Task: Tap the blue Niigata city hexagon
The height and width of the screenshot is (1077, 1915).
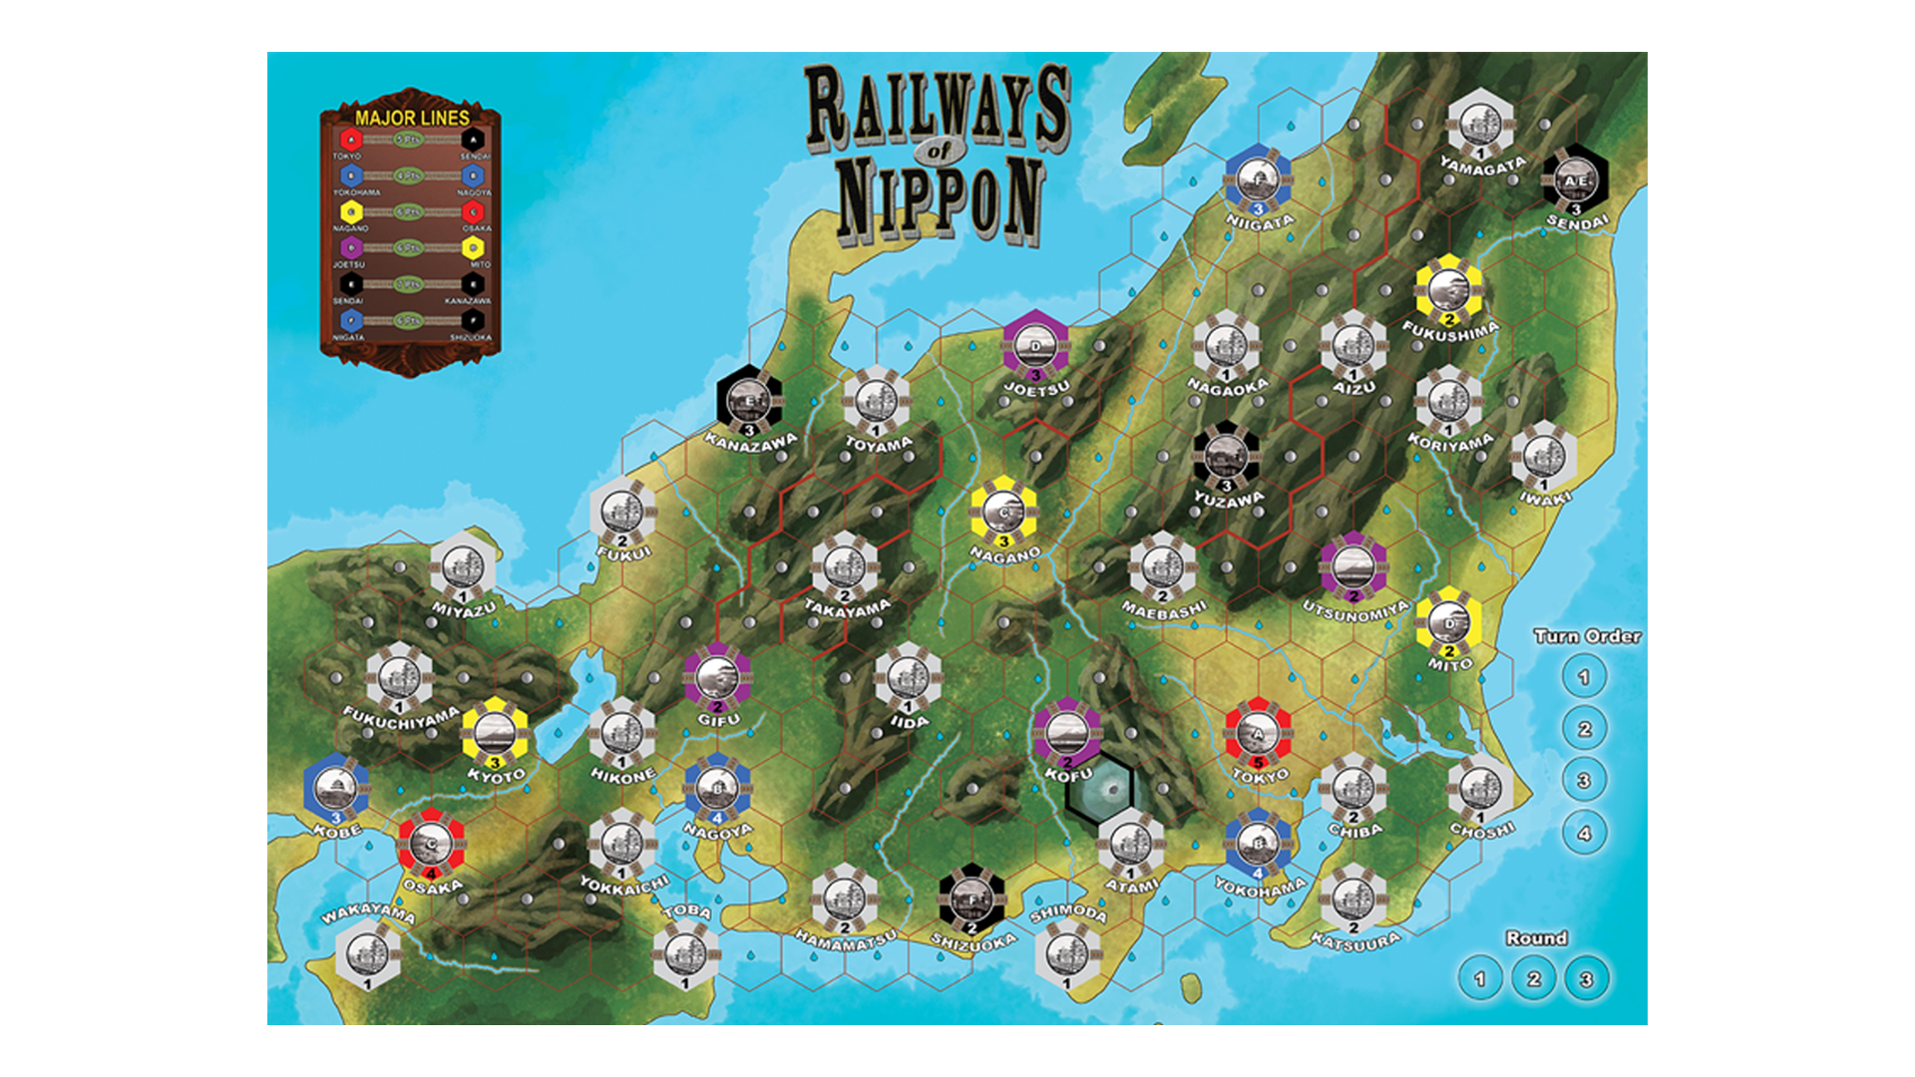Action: [x=1259, y=179]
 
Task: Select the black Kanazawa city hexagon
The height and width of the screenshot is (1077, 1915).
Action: [x=749, y=401]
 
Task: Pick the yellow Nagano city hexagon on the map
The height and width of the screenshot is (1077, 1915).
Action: [x=1004, y=513]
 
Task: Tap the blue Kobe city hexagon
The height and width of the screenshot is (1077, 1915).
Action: [x=336, y=789]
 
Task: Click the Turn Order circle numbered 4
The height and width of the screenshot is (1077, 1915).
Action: [x=1584, y=833]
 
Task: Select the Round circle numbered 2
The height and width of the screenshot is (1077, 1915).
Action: [x=1533, y=979]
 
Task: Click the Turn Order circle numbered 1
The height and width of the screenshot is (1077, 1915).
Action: [x=1584, y=678]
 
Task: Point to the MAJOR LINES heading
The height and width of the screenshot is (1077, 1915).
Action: [x=412, y=118]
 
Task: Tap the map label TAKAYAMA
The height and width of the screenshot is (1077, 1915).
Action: [x=847, y=607]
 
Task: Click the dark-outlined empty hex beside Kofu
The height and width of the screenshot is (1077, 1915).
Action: [x=1099, y=787]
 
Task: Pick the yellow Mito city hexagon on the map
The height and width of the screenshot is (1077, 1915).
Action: [x=1448, y=622]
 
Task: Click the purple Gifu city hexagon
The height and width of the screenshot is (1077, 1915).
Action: [x=717, y=678]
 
